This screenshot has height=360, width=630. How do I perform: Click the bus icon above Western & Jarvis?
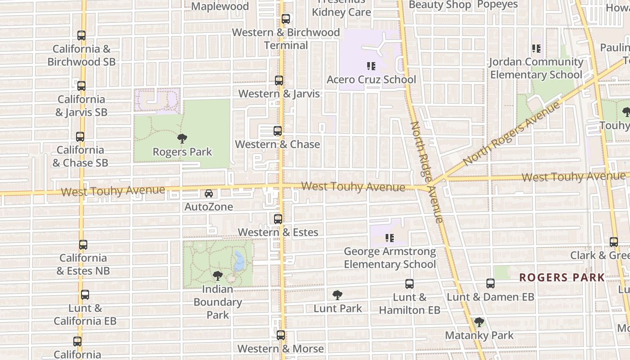(x=279, y=81)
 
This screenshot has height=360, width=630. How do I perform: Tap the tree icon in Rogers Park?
(x=182, y=138)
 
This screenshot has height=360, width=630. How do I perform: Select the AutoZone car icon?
(x=209, y=193)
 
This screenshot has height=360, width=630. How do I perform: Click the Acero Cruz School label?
(x=371, y=80)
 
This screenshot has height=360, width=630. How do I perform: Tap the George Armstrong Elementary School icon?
(x=390, y=238)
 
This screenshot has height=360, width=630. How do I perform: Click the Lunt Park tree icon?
(x=337, y=295)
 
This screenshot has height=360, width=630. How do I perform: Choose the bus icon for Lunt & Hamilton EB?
(x=409, y=284)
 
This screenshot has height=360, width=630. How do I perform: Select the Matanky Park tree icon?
(x=479, y=322)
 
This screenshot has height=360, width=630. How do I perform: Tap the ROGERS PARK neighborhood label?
(x=562, y=277)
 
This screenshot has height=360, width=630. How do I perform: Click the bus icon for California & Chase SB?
(x=80, y=137)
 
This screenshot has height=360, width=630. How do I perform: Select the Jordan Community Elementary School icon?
(x=536, y=48)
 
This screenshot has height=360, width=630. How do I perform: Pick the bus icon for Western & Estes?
(x=278, y=219)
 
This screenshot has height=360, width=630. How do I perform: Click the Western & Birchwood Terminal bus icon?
(x=285, y=19)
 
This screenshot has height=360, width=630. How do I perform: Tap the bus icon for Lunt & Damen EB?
(x=490, y=283)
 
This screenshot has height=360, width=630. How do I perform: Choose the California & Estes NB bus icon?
(x=83, y=245)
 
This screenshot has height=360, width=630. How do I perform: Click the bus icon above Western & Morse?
(x=281, y=335)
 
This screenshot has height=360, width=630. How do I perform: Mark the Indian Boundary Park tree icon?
(x=218, y=275)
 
